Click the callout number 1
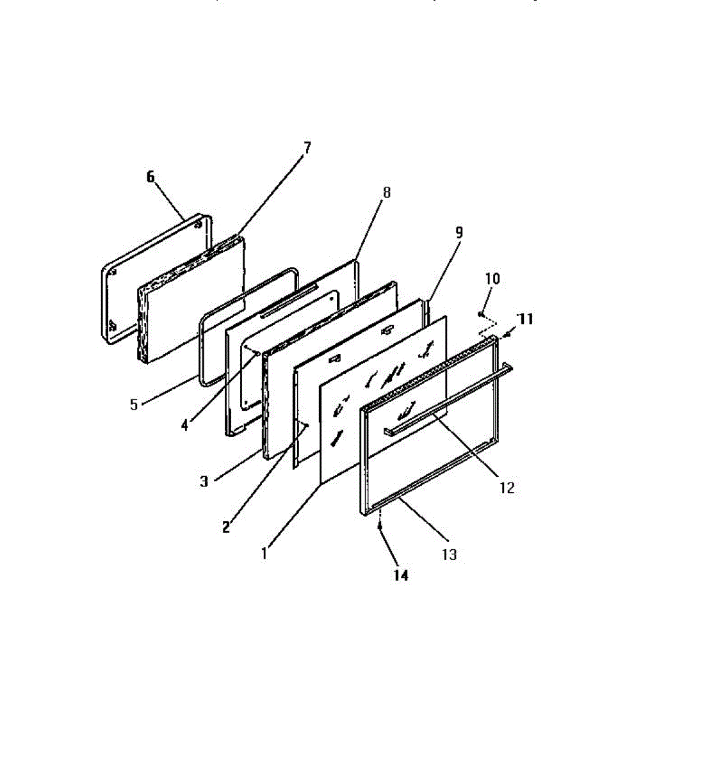pos(264,553)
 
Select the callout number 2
pos(225,527)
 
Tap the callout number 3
pos(204,482)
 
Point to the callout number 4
pos(184,424)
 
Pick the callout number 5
pos(134,405)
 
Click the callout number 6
pos(150,177)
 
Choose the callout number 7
pos(307,148)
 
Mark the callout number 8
pos(386,192)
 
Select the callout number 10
pos(492,278)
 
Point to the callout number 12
pos(507,488)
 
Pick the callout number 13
pos(450,554)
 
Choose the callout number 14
pos(400,575)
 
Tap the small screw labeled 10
pos(480,314)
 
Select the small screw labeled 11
pos(507,333)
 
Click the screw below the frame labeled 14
pos(380,526)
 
